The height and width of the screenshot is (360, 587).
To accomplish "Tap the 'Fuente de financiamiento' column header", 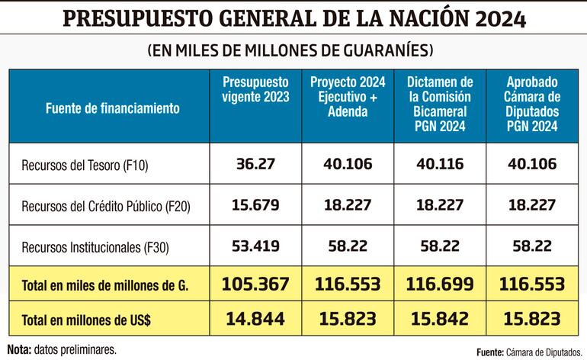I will (101, 108).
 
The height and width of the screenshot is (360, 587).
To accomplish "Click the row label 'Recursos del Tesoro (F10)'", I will (79, 166).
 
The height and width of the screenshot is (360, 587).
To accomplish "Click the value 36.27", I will (255, 165).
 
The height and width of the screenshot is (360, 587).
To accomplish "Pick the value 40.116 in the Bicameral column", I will (440, 165).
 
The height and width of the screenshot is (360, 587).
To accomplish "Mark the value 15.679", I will (255, 205).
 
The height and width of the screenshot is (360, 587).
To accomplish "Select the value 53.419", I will (255, 246).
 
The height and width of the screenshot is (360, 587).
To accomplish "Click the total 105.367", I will (255, 284).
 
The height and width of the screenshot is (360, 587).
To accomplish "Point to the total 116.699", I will (440, 284).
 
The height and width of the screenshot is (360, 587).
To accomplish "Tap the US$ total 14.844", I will (255, 321).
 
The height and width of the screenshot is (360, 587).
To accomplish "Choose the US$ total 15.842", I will (440, 321).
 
